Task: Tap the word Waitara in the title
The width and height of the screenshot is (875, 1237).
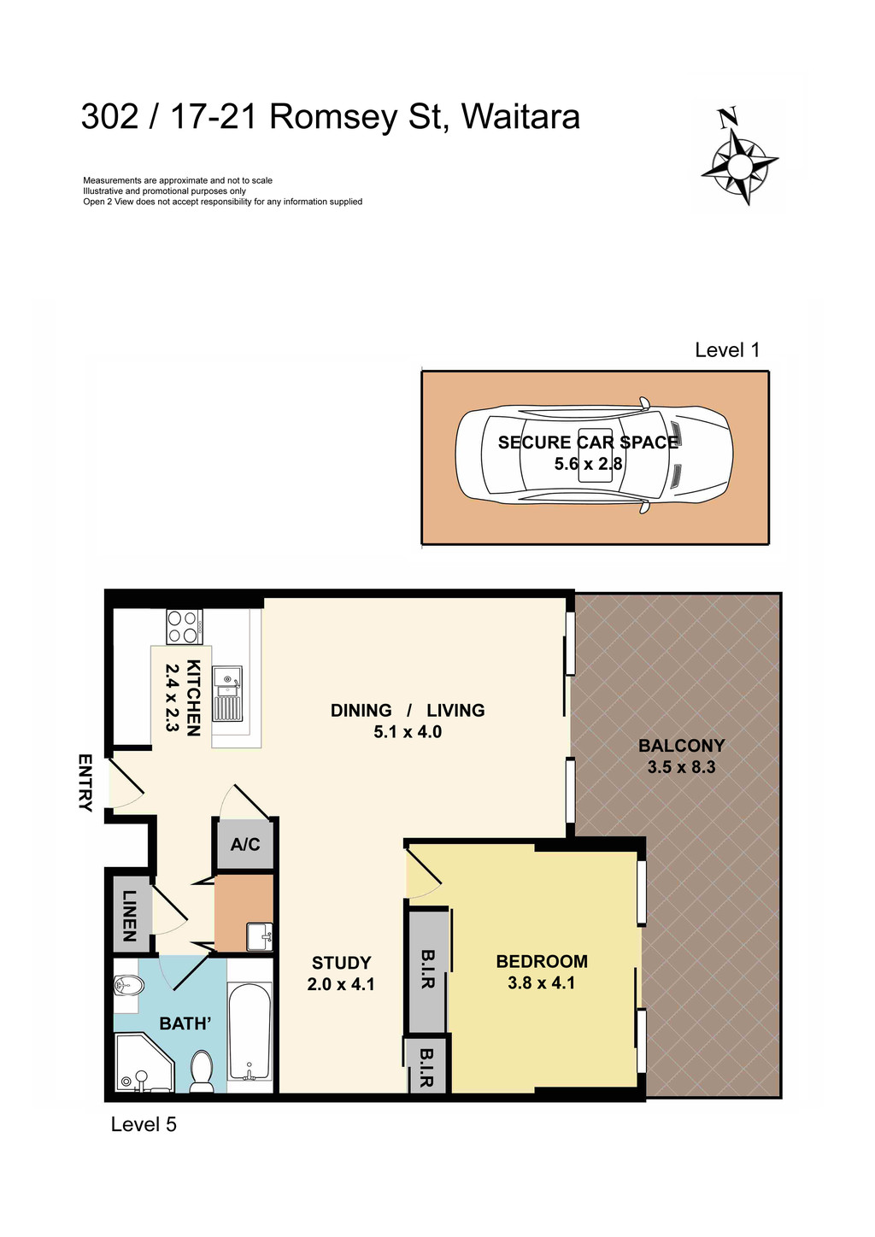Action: coord(520,116)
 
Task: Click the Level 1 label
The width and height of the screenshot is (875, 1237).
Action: coord(727,349)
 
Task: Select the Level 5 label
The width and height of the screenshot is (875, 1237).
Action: coord(144,1124)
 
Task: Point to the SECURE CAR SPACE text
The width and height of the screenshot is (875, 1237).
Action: coord(588,442)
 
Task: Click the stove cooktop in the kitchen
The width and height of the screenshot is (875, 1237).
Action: coord(184,626)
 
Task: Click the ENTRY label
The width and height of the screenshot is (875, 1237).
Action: coord(85,782)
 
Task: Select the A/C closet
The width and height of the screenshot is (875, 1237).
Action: coord(245,844)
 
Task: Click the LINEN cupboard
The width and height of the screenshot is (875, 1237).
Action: coord(130,915)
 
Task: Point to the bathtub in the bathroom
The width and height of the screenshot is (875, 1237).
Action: coord(250,1034)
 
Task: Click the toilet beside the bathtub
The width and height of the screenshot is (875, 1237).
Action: coord(202,1071)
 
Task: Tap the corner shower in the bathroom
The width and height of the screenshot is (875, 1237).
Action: coord(141,1064)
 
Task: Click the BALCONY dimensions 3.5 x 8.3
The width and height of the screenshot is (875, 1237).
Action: coord(681,767)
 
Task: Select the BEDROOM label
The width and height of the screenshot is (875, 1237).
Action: coord(542,961)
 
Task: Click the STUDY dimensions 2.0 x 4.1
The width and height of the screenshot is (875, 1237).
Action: coord(341,984)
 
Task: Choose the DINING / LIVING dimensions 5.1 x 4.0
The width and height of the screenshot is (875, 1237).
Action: coord(408,732)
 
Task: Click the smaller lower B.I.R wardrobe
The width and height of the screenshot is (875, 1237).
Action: coord(426,1066)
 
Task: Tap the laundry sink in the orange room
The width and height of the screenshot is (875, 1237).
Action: coord(259,936)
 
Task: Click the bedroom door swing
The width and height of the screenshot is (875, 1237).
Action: coord(423,871)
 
